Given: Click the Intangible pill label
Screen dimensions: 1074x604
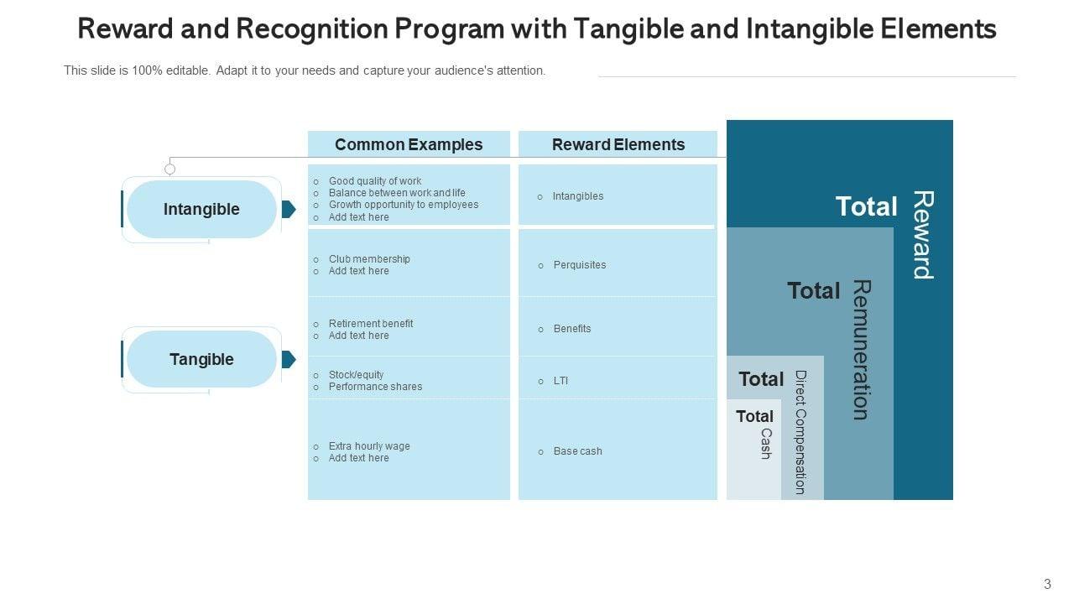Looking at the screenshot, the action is pos(201,209).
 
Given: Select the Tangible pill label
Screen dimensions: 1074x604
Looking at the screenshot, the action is pos(201,359).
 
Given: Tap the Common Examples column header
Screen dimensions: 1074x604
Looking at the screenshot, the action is pos(409,144).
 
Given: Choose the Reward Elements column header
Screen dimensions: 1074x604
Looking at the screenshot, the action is pos(618,144).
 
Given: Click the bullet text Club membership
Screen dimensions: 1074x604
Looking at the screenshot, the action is pos(369,259).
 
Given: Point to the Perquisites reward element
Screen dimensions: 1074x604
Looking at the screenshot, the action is pos(579,265).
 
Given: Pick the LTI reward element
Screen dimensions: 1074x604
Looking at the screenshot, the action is pos(560,381).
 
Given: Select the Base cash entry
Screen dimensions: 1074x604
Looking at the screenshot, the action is pos(577,451).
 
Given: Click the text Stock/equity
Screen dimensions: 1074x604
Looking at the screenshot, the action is pos(356,375).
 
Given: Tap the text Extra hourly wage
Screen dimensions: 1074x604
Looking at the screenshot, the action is pos(369,446).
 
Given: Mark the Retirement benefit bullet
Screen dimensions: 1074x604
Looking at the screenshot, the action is pos(370,324).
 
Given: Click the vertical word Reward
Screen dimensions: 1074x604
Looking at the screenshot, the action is pos(923,235).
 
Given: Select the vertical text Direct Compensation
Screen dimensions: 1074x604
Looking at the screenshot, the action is pos(800,432).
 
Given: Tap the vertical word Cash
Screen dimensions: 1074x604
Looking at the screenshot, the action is pos(765,444).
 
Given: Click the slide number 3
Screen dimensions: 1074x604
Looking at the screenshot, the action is pos(1047,585).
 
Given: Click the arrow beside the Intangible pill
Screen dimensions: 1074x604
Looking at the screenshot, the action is pos(288,209).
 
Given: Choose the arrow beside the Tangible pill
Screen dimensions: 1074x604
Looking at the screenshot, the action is pos(288,359).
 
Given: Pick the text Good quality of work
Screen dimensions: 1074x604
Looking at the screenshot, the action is pos(375,181).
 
